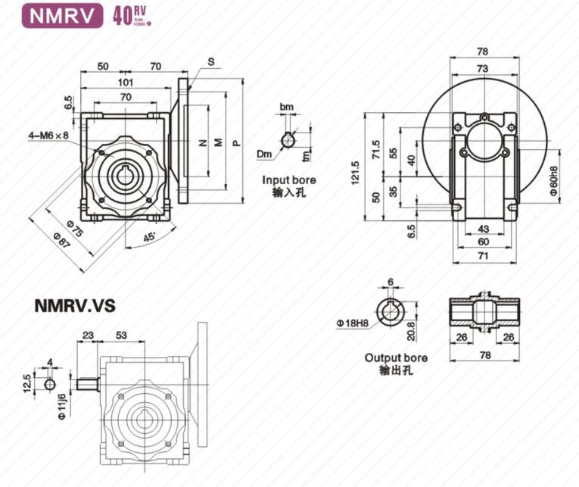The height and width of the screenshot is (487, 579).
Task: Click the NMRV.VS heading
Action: point(74,306)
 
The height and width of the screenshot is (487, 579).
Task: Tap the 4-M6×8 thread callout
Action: point(49,136)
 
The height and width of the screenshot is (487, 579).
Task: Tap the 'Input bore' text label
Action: point(289,180)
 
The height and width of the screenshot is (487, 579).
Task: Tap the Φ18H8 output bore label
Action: point(353,323)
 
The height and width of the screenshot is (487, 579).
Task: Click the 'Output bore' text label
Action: point(395,357)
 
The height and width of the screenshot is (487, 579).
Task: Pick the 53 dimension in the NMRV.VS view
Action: point(122,334)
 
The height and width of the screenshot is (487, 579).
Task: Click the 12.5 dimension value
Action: point(26,383)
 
